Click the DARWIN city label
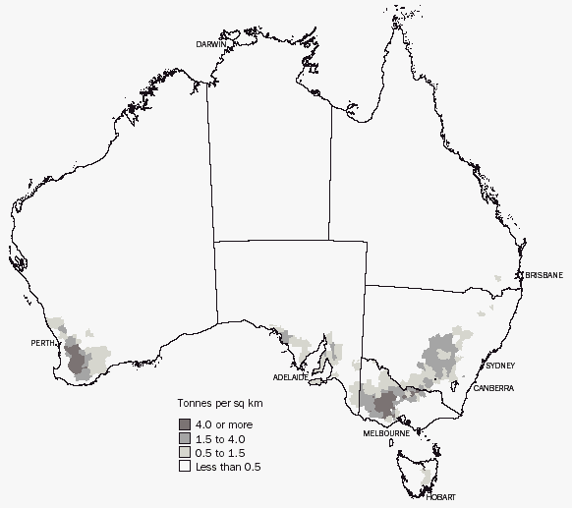[211, 45]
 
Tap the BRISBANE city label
[544, 275]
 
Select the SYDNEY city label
[499, 366]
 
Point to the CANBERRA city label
[492, 389]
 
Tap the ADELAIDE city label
[291, 377]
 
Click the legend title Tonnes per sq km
[218, 404]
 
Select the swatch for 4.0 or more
[184, 423]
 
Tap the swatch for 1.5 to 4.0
[184, 438]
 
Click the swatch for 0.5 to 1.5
[184, 453]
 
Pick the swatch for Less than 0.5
[184, 468]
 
